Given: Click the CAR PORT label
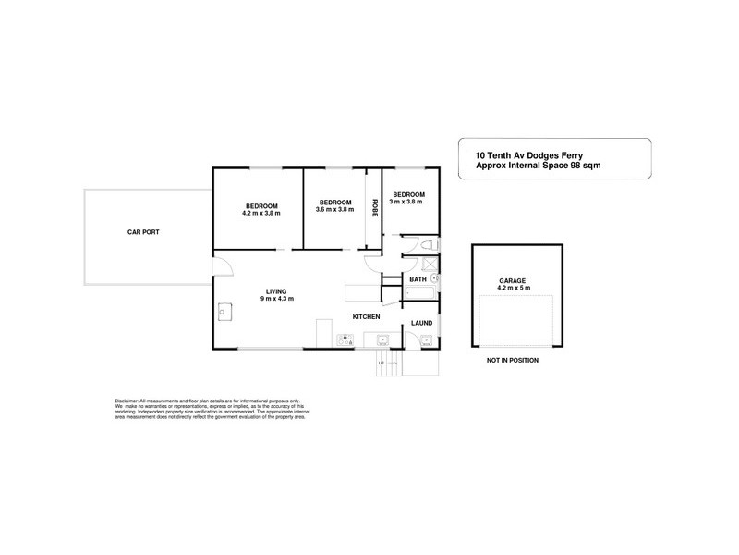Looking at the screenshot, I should point(143,232).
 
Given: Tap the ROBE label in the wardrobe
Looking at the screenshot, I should point(374,208).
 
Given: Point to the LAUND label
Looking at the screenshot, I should point(421,323).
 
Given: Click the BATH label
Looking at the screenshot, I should point(418,278).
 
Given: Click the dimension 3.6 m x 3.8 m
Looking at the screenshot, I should point(334,210).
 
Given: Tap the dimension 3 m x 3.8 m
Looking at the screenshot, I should point(406,202).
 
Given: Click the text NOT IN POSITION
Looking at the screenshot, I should point(513,360).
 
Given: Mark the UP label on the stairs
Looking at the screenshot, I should point(381,364).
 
